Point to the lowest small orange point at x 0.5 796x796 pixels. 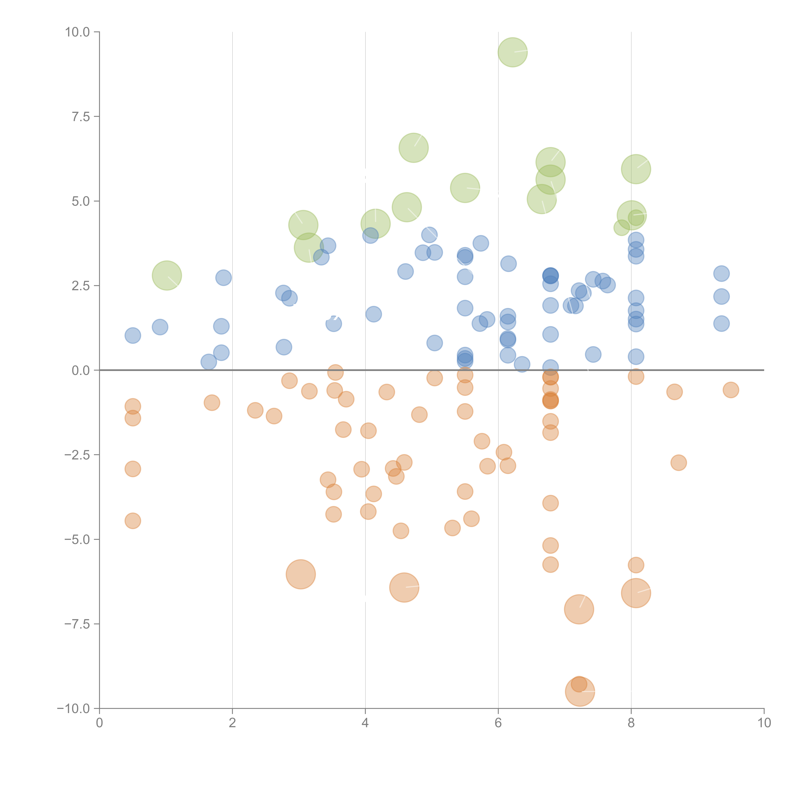point(133,521)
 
